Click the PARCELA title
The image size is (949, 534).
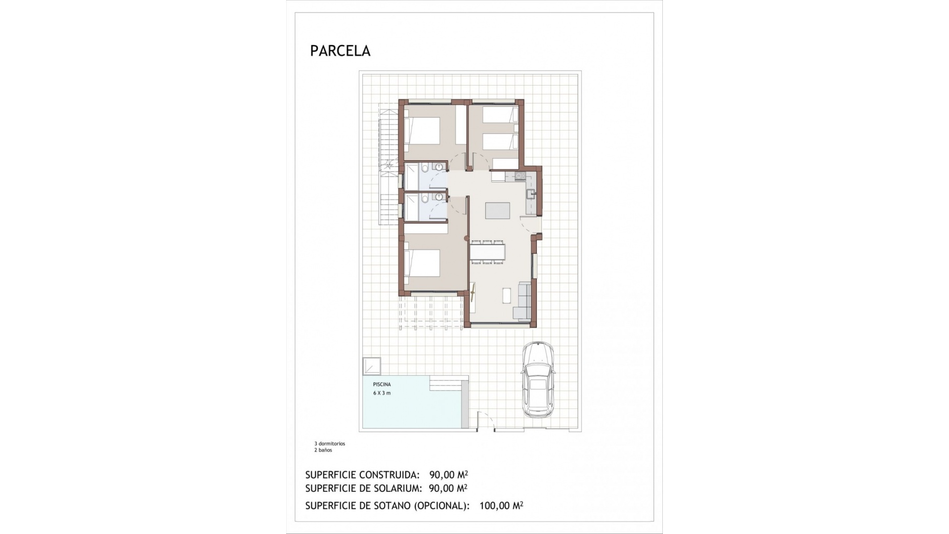(x=340, y=51)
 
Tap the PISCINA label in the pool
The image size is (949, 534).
(x=382, y=384)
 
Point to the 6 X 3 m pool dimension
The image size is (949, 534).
(x=382, y=393)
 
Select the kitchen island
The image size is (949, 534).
(x=497, y=210)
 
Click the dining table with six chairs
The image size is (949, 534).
(x=487, y=252)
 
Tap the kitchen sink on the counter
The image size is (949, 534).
(x=530, y=194)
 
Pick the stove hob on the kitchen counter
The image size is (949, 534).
(x=519, y=176)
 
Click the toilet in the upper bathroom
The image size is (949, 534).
(x=425, y=169)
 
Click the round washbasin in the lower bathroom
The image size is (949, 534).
(x=438, y=196)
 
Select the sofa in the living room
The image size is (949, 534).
(x=524, y=300)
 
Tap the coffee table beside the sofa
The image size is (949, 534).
(x=507, y=295)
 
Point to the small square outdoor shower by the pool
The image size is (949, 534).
(x=371, y=366)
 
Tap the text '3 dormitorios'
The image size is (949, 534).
(x=330, y=444)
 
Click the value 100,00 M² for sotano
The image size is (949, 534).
(x=501, y=506)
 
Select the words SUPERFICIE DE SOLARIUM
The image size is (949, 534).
(x=363, y=489)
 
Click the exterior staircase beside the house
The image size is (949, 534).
(x=388, y=163)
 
